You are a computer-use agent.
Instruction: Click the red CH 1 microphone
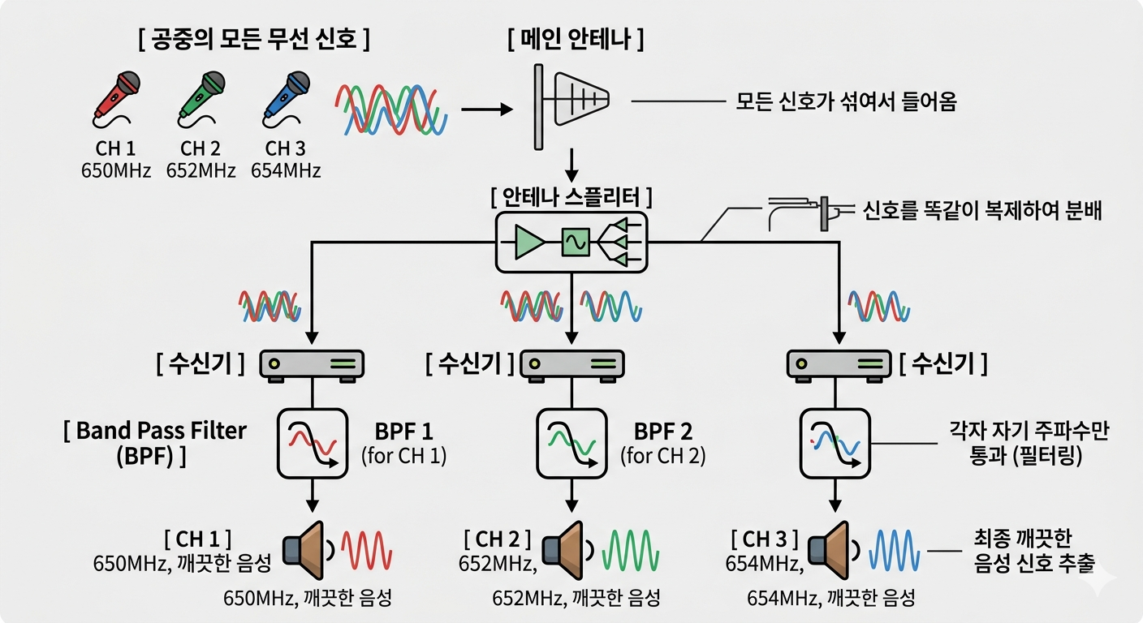[x=116, y=97]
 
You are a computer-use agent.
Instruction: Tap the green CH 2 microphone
[x=201, y=97]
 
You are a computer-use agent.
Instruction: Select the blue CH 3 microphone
[x=285, y=97]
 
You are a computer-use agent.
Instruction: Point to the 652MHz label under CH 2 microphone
[x=201, y=171]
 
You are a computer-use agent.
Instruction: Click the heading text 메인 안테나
[x=576, y=41]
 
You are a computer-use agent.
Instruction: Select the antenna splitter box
[x=571, y=242]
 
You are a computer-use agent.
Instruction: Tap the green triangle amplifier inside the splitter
[x=528, y=242]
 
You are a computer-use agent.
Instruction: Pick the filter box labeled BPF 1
[x=313, y=443]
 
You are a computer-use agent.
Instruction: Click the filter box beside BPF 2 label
[x=571, y=443]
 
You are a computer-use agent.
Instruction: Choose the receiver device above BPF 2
[x=571, y=364]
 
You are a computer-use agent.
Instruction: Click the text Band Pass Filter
[x=154, y=431]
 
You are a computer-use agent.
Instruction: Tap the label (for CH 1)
[x=403, y=456]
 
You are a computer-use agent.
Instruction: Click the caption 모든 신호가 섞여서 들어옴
[x=847, y=101]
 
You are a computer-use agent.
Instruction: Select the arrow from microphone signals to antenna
[x=487, y=108]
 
